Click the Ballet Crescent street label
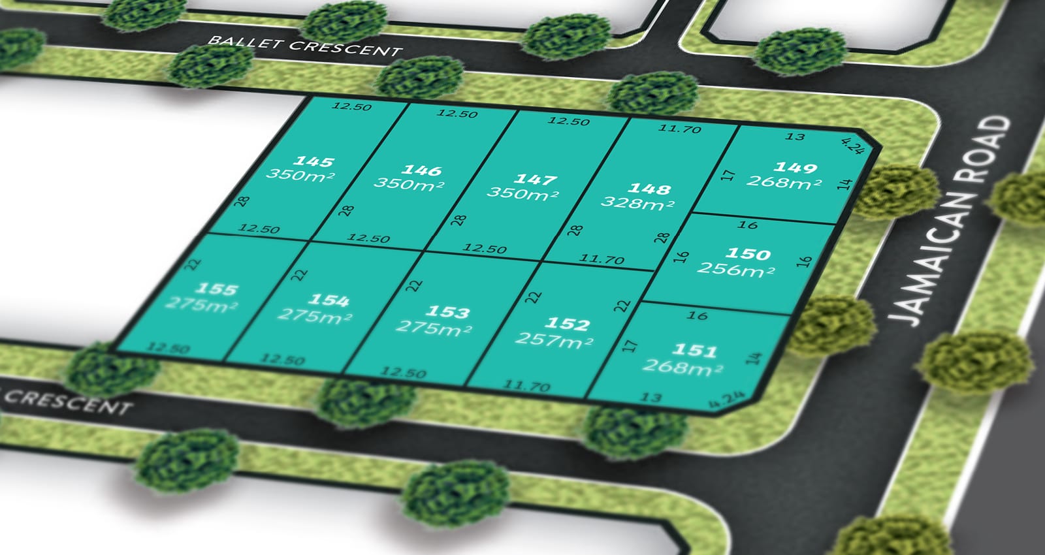[x=304, y=46]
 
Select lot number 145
[x=314, y=161]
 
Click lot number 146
[x=421, y=170]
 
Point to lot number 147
[x=536, y=179]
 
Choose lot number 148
[x=649, y=189]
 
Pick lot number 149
[x=795, y=167]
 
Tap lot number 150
[x=748, y=253]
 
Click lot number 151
[x=695, y=351]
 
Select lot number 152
[x=568, y=324]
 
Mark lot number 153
[x=447, y=312]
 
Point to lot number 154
[x=329, y=300]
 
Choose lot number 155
[x=217, y=289]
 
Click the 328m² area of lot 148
[x=637, y=203]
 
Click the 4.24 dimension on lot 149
[x=852, y=146]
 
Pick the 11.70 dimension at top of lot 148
[x=679, y=129]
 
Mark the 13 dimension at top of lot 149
[x=795, y=136]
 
